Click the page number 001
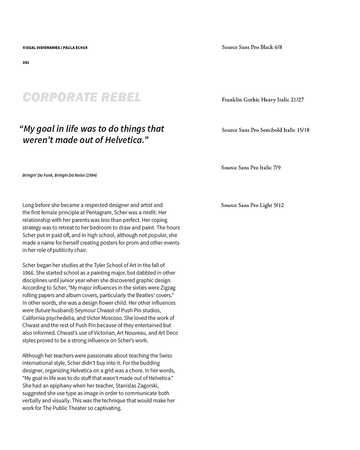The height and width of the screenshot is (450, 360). point(26,63)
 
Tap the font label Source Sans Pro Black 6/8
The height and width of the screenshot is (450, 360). point(252,47)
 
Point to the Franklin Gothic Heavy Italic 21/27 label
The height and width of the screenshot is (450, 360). point(263,99)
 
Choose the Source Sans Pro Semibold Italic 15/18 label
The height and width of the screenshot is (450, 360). point(265,130)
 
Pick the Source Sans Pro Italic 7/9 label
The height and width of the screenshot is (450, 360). point(251,167)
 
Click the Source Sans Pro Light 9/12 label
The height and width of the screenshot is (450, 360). point(252,205)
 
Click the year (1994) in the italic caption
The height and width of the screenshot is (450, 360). point(90,175)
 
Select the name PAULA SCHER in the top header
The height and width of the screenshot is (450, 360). point(75,47)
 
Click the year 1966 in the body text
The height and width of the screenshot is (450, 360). point(28,273)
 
